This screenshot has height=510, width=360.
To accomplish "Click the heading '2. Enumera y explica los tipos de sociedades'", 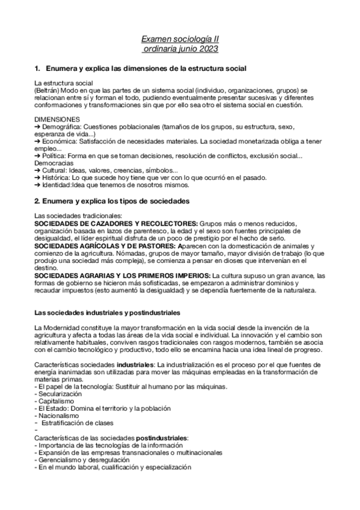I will tap(112, 199).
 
